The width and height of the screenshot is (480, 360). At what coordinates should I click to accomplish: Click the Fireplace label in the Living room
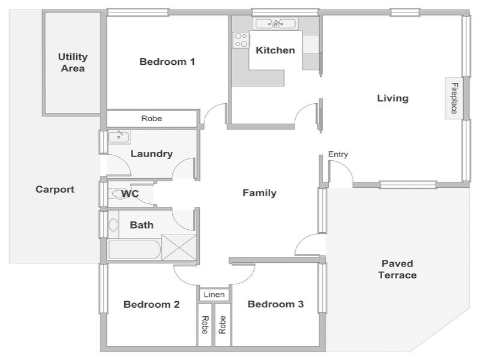click(454, 98)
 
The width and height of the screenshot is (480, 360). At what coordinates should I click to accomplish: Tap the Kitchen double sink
click(276, 23)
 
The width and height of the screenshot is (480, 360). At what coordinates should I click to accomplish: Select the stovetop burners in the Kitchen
click(241, 40)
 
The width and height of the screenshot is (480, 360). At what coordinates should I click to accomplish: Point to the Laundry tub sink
click(119, 137)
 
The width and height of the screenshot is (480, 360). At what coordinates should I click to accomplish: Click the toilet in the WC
click(118, 193)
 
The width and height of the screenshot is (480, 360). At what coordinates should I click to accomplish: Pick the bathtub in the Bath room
click(134, 250)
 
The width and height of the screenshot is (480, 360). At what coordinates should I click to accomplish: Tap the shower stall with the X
click(179, 248)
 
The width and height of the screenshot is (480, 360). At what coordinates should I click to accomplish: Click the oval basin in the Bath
click(113, 225)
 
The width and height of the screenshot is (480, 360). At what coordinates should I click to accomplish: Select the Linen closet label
click(214, 295)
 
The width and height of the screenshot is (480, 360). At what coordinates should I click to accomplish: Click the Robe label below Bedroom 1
click(152, 118)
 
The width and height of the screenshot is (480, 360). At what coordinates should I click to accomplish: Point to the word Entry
click(338, 154)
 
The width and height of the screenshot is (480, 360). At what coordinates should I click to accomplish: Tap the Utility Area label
click(73, 62)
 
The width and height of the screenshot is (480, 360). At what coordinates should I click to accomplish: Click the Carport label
click(55, 189)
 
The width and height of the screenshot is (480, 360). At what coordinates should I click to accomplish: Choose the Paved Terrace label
click(397, 269)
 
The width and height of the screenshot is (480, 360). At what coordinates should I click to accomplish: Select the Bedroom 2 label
click(152, 304)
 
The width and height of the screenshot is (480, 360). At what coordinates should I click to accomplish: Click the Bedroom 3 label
click(275, 304)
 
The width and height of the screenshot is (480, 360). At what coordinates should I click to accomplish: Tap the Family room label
click(259, 193)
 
